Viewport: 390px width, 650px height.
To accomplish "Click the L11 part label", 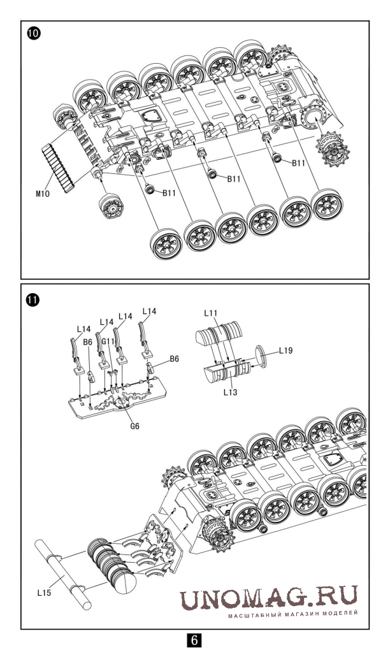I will click(x=212, y=314).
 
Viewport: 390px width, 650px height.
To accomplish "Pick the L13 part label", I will click(x=231, y=393).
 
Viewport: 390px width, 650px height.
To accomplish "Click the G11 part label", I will click(x=108, y=342).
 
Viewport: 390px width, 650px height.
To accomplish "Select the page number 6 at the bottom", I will click(x=195, y=639).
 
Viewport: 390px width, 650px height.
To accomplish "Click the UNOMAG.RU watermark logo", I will click(x=268, y=596).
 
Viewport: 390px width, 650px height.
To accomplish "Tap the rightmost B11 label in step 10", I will click(x=300, y=163).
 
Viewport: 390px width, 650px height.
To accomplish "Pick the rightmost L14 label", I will click(x=149, y=311).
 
